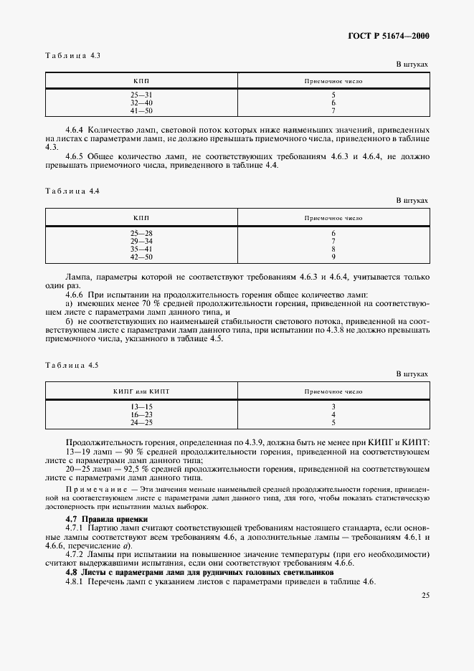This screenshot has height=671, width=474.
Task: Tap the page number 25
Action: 424,595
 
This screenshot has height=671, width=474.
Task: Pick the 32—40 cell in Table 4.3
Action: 141,103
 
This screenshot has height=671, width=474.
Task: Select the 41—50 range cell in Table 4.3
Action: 141,111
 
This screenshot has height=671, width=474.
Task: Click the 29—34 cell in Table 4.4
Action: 141,241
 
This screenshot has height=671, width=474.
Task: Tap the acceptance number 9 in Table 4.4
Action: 333,257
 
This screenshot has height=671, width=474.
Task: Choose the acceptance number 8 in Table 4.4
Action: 333,249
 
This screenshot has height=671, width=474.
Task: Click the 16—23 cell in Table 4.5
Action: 141,414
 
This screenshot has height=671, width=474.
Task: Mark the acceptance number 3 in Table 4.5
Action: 333,406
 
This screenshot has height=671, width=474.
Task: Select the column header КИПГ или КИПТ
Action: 141,391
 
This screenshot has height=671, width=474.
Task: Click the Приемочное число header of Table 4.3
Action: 333,81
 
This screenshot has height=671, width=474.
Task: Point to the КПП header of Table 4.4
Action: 141,217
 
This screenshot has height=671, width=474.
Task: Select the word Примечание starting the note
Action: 91,488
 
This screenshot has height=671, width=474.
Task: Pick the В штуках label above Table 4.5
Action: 412,374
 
